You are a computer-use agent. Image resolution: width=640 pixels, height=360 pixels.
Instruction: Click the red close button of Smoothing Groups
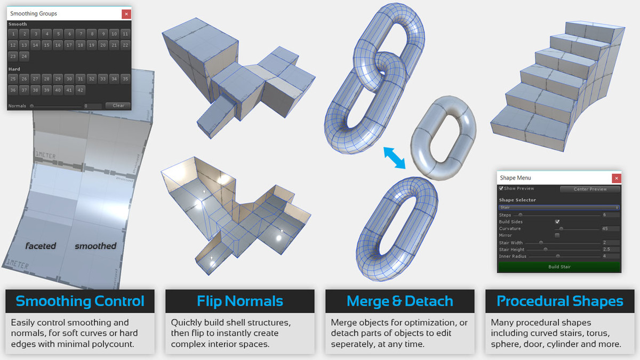click(126, 13)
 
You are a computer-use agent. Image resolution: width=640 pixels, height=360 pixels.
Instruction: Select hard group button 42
click(81, 90)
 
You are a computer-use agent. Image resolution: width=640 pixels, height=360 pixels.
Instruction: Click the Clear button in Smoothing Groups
click(118, 106)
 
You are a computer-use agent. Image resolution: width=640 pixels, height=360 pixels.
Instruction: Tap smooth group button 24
click(24, 56)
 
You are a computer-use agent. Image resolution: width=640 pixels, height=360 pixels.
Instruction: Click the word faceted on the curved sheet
click(41, 246)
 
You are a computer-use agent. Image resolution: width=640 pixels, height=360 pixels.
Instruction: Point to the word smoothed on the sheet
click(95, 246)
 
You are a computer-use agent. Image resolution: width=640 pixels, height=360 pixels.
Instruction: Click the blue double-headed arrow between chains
click(395, 159)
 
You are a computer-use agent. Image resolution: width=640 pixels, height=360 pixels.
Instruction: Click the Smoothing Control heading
click(80, 301)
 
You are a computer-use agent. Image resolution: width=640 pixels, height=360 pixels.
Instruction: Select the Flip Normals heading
click(240, 301)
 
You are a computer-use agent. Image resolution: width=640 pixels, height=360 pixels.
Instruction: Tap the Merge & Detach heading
click(400, 301)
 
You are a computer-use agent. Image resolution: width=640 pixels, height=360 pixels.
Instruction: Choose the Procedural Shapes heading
click(560, 301)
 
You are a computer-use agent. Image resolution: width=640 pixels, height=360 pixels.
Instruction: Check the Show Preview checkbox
click(501, 188)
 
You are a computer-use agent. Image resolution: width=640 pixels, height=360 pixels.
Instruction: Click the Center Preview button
click(590, 189)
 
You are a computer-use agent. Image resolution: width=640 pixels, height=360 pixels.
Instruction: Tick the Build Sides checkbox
click(557, 221)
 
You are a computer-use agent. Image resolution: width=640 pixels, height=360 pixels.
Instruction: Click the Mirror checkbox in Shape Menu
click(557, 235)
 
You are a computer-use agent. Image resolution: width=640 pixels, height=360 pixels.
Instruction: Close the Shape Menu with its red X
click(617, 178)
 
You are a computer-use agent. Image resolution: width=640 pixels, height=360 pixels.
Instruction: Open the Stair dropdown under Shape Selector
click(559, 207)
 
